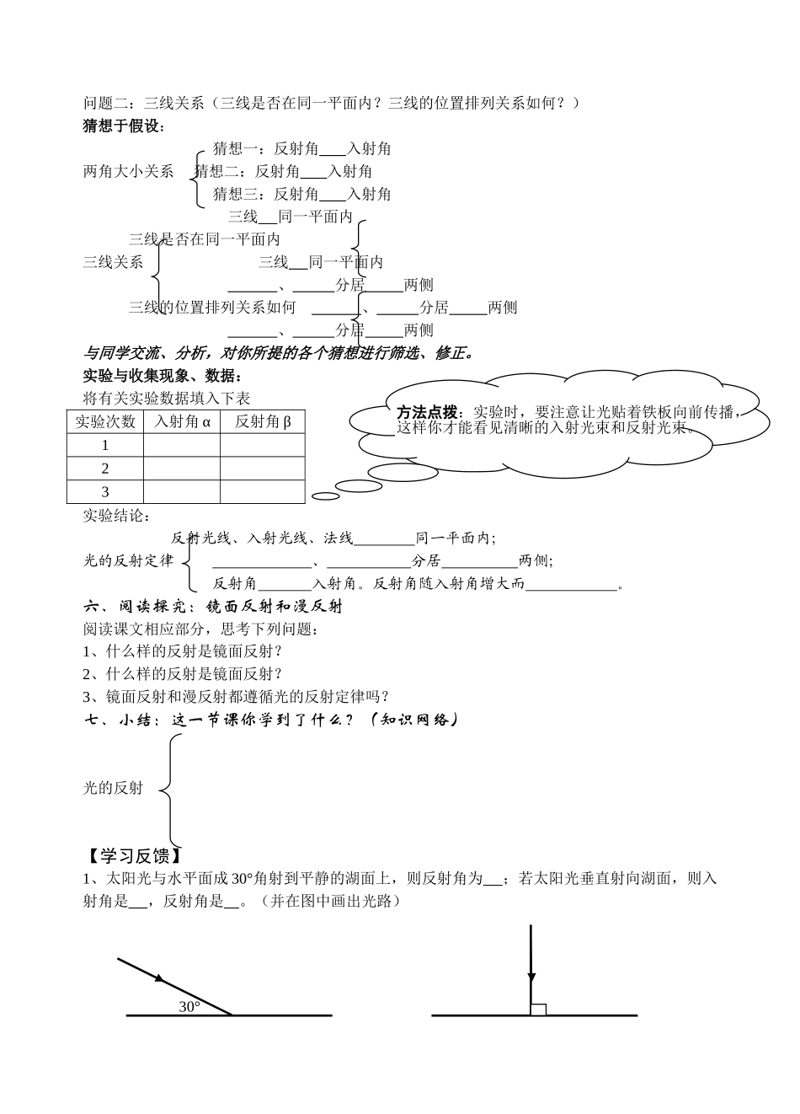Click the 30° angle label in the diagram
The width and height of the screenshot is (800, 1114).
(x=189, y=1006)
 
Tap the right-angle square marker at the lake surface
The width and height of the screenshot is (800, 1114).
(x=538, y=1009)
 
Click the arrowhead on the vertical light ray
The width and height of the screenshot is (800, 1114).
(x=531, y=978)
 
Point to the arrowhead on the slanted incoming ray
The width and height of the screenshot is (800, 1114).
(x=159, y=978)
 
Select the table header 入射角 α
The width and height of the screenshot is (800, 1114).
(x=182, y=421)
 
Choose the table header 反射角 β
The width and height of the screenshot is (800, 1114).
(x=262, y=421)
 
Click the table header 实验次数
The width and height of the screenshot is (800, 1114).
(x=105, y=421)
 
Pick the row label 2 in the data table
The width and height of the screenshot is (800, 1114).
(x=105, y=469)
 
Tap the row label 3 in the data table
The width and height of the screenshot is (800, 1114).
(x=105, y=492)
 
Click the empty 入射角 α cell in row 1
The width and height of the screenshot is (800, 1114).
(x=182, y=445)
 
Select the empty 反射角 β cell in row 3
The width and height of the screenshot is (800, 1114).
(x=262, y=492)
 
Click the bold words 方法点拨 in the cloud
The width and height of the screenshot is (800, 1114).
(x=427, y=412)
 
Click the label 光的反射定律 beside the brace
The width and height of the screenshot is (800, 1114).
(x=128, y=560)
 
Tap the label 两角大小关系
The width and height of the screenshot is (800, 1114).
(x=128, y=172)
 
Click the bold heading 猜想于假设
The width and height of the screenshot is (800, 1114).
(x=123, y=126)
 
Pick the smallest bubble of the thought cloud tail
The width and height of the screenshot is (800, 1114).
(x=321, y=496)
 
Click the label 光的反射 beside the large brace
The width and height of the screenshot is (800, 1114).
(x=113, y=789)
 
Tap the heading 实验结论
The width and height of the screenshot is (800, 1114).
(x=115, y=516)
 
